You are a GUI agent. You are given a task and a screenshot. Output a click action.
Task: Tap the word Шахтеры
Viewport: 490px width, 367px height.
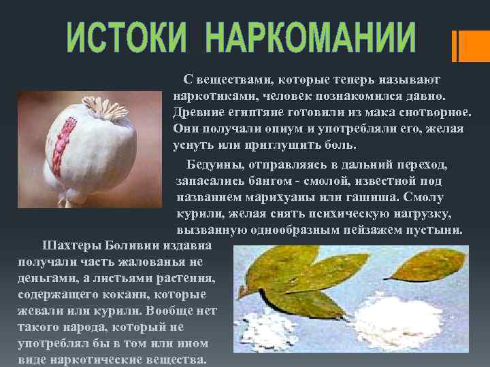pyautogui.click(x=72, y=245)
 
